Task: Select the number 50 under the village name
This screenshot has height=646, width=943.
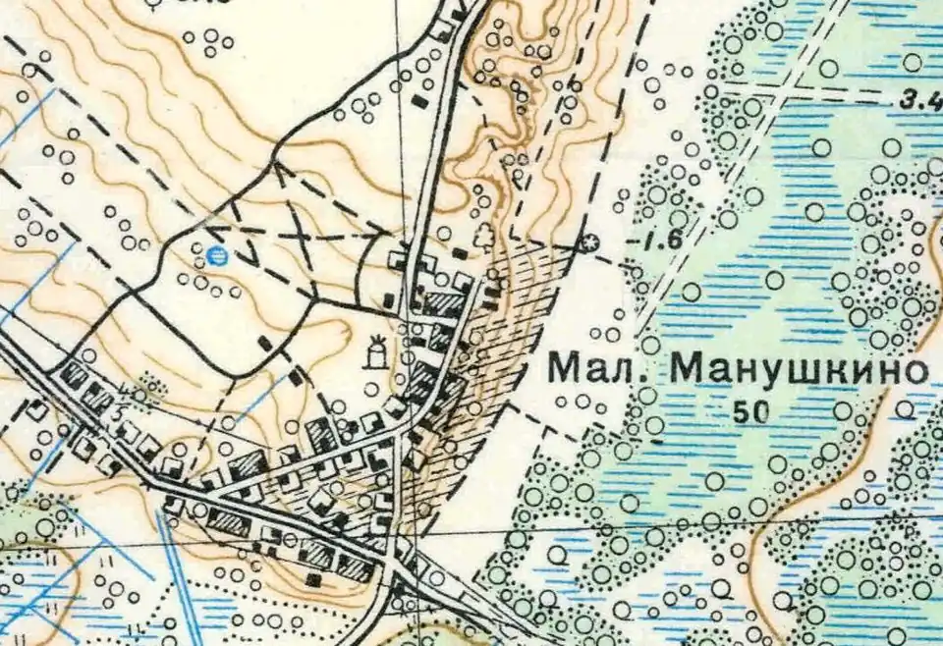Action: (x=750, y=413)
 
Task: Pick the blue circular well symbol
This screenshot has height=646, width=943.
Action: (x=218, y=257)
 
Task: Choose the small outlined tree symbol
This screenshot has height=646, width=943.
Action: (x=483, y=236)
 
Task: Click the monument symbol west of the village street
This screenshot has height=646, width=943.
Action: (x=374, y=350)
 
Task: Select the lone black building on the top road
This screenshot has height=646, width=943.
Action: (x=420, y=100)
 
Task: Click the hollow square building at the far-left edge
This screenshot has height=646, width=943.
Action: (x=37, y=411)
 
